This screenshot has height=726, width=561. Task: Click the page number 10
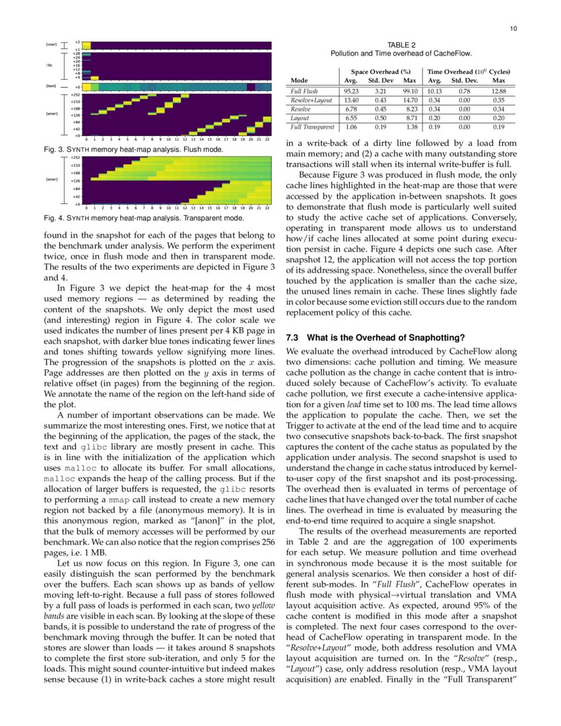(x=513, y=28)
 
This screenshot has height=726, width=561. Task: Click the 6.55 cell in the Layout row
(x=352, y=117)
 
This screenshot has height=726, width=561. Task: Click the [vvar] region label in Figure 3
(x=51, y=45)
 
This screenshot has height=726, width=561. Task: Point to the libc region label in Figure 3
(x=49, y=66)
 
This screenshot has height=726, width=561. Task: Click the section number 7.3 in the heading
(x=293, y=337)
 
